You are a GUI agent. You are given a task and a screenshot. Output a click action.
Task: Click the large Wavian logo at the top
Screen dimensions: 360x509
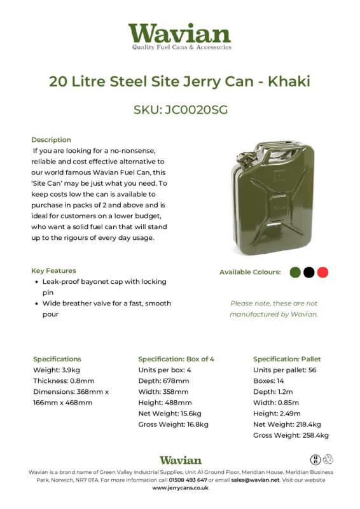[x=179, y=36]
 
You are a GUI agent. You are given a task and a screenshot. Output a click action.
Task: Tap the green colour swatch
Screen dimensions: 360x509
[x=294, y=272]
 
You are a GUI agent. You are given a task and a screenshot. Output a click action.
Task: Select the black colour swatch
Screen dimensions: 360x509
[x=309, y=272]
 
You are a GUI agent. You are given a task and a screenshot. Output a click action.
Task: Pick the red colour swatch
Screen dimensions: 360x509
[x=323, y=272]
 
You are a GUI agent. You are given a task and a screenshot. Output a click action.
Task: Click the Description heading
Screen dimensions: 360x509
[x=51, y=139]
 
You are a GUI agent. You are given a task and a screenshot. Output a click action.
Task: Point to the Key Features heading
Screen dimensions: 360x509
[x=53, y=270]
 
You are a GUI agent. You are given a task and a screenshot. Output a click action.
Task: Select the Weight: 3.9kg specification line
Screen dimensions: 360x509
[x=56, y=370]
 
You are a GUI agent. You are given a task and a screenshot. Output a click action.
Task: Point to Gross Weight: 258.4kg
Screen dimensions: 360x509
[x=291, y=435]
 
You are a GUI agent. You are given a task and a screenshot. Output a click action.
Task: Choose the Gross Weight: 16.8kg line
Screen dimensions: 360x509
[x=173, y=424]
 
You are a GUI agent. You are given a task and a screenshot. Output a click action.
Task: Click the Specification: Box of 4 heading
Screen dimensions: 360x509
[x=176, y=359]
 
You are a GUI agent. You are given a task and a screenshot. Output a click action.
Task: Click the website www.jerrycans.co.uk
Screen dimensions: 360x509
[x=180, y=488]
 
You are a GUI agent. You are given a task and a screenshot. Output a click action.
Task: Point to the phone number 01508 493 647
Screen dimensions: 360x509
[x=188, y=480]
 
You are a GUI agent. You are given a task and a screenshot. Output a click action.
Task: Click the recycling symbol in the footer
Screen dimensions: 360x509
[x=328, y=459]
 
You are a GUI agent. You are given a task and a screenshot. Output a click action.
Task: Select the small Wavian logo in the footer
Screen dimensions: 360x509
[x=180, y=459]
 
